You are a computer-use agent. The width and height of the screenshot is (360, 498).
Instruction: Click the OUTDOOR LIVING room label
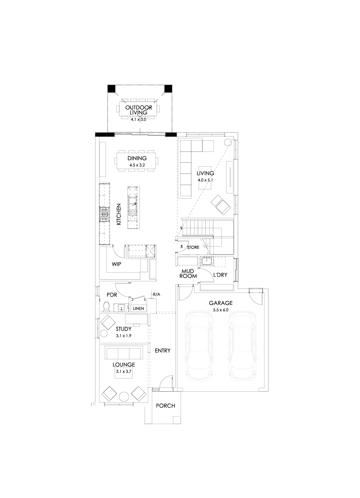coord(138,110)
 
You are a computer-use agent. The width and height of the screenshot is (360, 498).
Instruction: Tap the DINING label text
coord(137,158)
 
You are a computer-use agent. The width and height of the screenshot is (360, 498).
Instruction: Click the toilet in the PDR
coord(106,307)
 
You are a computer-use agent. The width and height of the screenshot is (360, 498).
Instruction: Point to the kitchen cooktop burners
coord(105,215)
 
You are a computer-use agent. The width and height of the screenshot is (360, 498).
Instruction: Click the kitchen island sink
coord(133,207)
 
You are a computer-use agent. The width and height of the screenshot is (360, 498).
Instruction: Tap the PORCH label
coord(165,406)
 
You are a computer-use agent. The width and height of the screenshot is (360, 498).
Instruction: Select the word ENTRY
coord(163,351)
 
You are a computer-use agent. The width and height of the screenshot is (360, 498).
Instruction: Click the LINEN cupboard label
coord(138,309)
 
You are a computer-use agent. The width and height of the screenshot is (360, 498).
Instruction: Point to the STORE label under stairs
coord(193,248)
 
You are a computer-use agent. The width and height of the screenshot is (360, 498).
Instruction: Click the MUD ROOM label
coord(189,273)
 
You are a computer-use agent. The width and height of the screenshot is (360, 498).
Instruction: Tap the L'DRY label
coord(220,275)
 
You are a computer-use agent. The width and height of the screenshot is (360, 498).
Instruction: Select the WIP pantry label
coord(116,264)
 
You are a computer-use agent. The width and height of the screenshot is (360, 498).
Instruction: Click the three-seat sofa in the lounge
coord(123,353)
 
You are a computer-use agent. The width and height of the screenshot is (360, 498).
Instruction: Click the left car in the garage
coord(199,346)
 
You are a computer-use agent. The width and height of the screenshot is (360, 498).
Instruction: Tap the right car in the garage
coord(243,346)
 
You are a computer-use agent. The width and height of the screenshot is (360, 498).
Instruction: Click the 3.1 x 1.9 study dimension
coord(123,336)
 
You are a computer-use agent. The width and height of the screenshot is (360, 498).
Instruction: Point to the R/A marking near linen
coord(156,295)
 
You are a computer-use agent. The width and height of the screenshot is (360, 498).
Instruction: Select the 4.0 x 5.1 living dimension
coord(206,180)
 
